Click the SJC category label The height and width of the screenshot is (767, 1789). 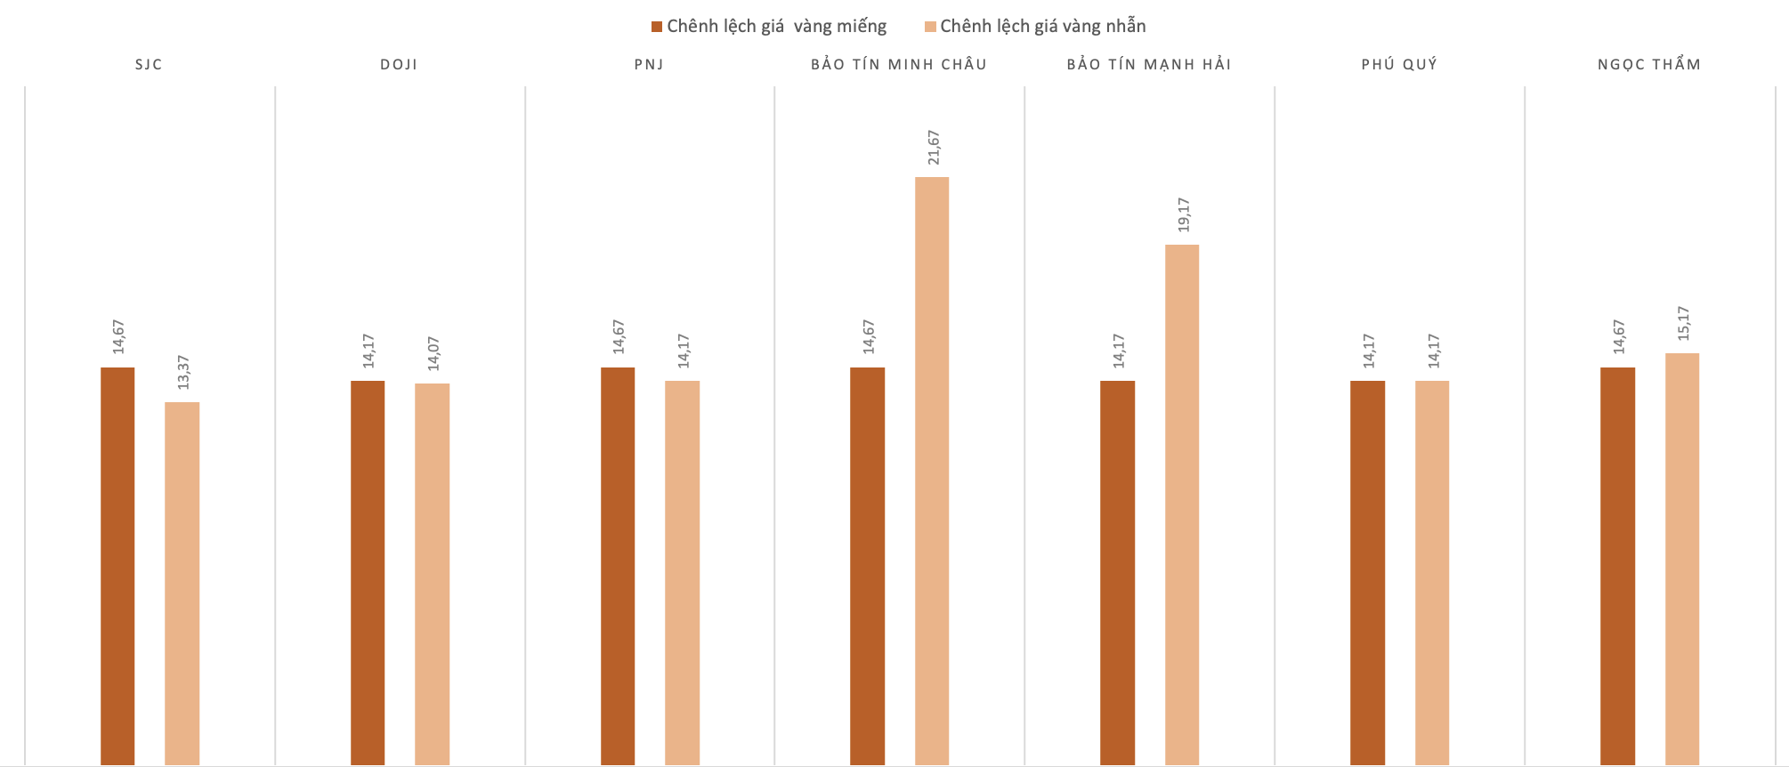[x=149, y=64]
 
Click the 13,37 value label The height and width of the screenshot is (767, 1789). [x=183, y=372]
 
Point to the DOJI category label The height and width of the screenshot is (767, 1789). [x=399, y=64]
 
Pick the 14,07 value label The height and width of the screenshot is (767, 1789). [x=433, y=353]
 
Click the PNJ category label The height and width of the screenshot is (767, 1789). [x=649, y=64]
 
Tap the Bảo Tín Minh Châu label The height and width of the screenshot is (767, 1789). [x=899, y=64]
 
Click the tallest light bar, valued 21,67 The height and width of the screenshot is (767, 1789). [x=932, y=472]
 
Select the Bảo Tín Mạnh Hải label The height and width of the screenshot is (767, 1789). [x=1149, y=64]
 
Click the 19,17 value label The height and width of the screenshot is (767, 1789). [x=1184, y=214]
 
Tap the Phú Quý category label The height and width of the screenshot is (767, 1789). [x=1399, y=64]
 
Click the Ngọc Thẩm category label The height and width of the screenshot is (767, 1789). [x=1649, y=64]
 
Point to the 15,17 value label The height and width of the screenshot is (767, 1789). [x=1683, y=323]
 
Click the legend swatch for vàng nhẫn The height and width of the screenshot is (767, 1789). [x=930, y=27]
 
